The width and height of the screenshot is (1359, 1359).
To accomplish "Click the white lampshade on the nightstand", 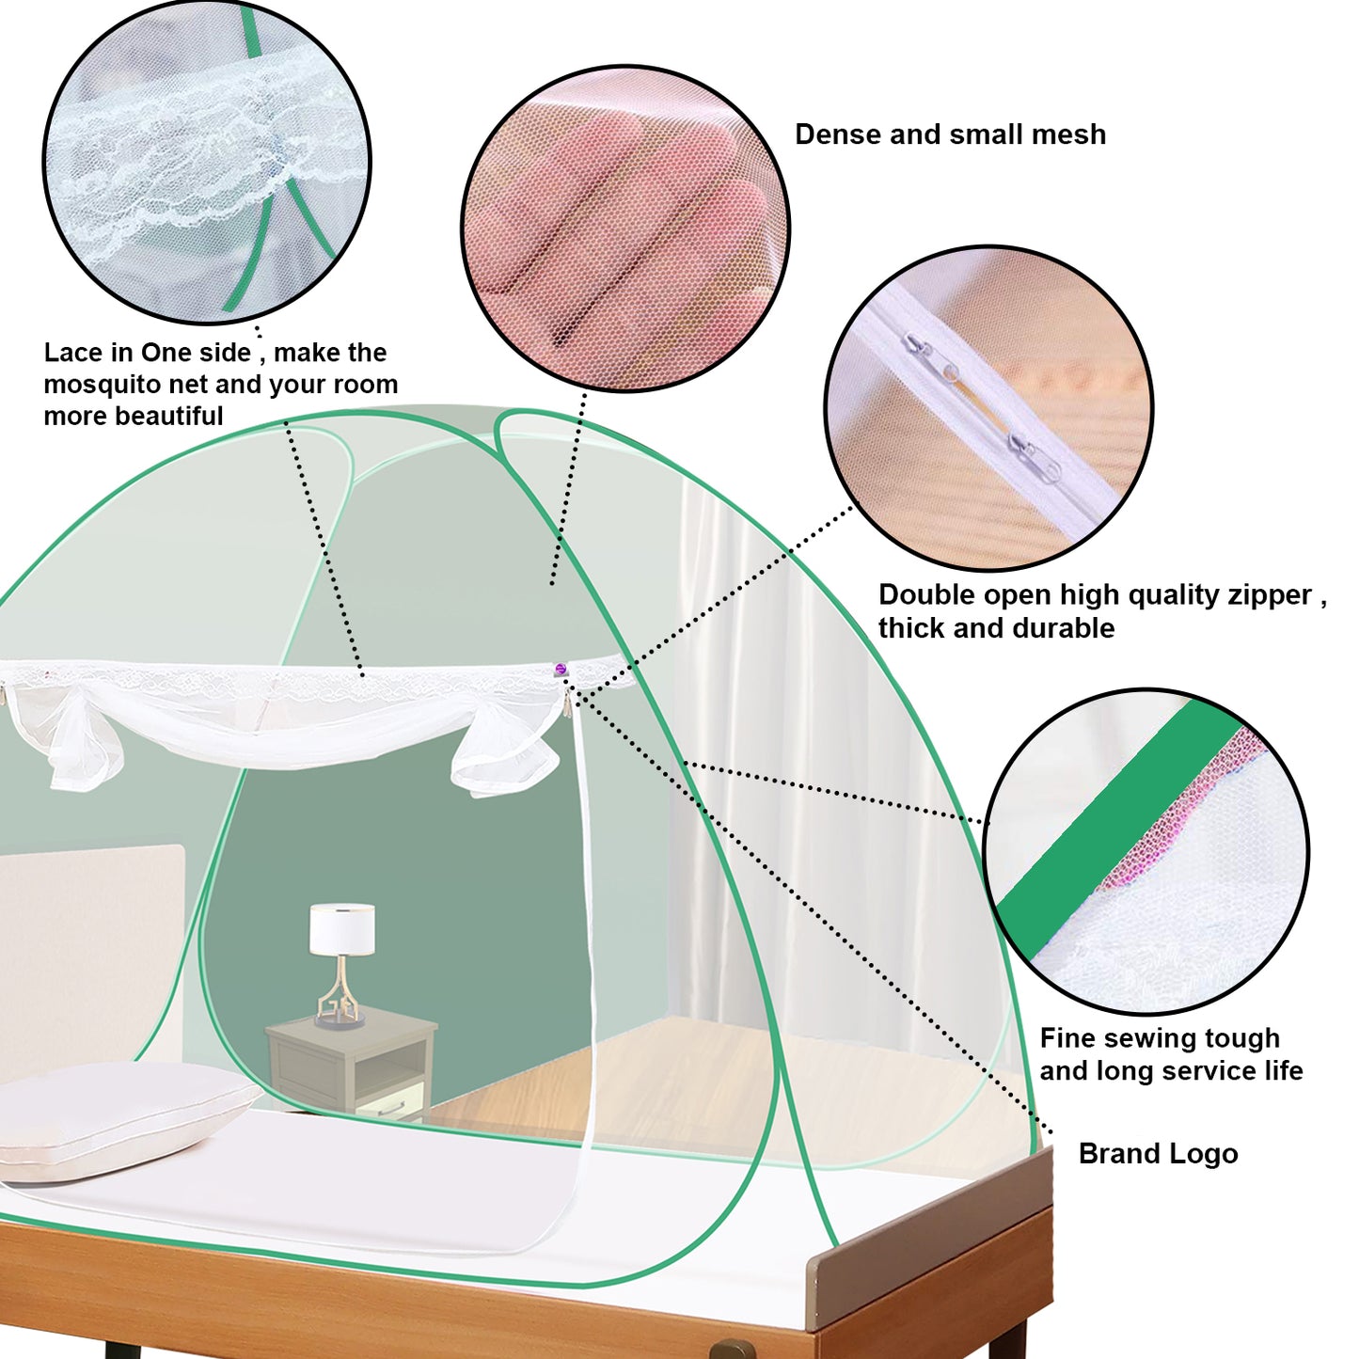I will pyautogui.click(x=342, y=928).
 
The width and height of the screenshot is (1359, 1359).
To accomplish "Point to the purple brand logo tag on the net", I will pyautogui.click(x=561, y=670).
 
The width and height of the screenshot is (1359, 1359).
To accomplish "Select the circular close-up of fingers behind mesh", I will pyautogui.click(x=625, y=229).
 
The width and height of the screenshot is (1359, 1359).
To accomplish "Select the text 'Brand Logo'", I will pyautogui.click(x=1158, y=1154).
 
